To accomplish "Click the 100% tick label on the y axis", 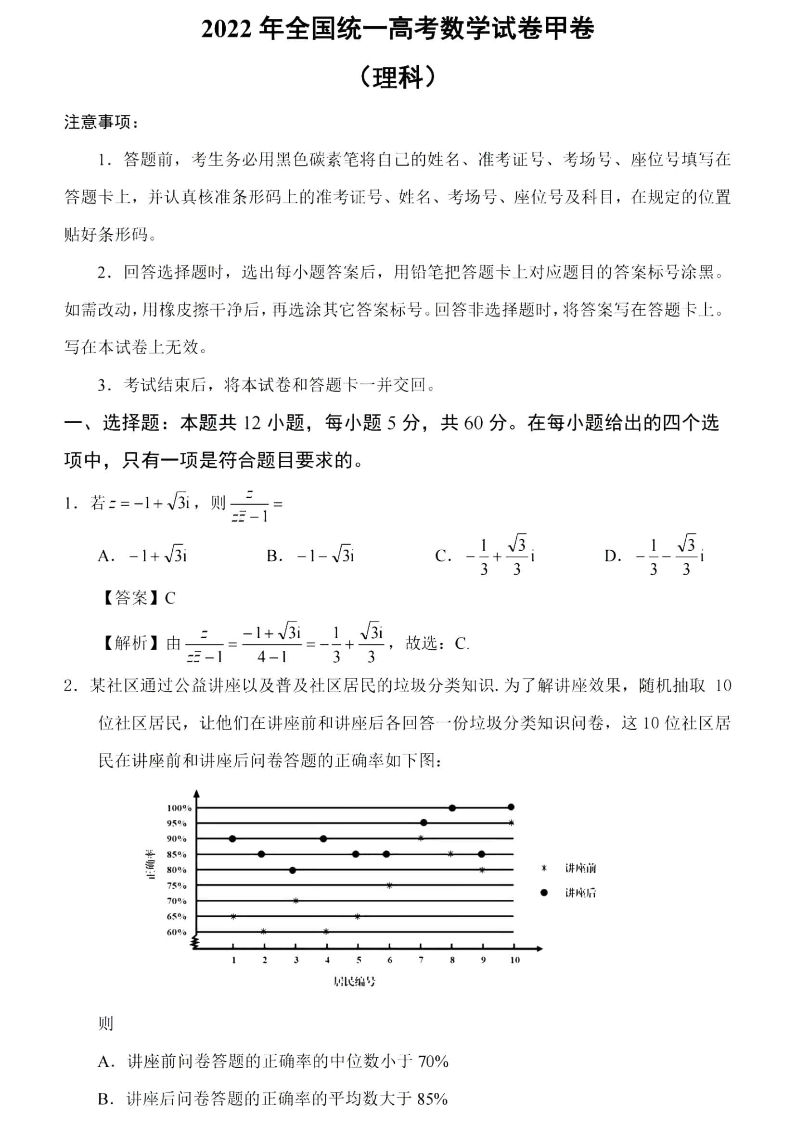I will tap(179, 808).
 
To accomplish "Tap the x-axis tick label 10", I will tap(514, 960).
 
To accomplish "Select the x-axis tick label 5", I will tap(359, 960).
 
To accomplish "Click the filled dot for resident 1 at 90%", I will tap(232, 839).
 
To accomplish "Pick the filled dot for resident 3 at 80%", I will tap(293, 870).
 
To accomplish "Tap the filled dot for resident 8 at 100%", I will tap(452, 808).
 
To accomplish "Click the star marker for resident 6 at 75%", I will tap(389, 885).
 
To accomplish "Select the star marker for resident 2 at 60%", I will tap(264, 932).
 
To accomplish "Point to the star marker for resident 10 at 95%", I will tap(511, 822).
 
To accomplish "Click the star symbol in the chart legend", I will tap(543, 868).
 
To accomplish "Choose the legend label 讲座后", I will tap(580, 893).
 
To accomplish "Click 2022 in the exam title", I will tap(226, 29).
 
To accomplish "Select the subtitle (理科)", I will tap(398, 77).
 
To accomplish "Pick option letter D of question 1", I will tap(612, 556).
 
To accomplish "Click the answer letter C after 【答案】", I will tap(170, 598).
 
